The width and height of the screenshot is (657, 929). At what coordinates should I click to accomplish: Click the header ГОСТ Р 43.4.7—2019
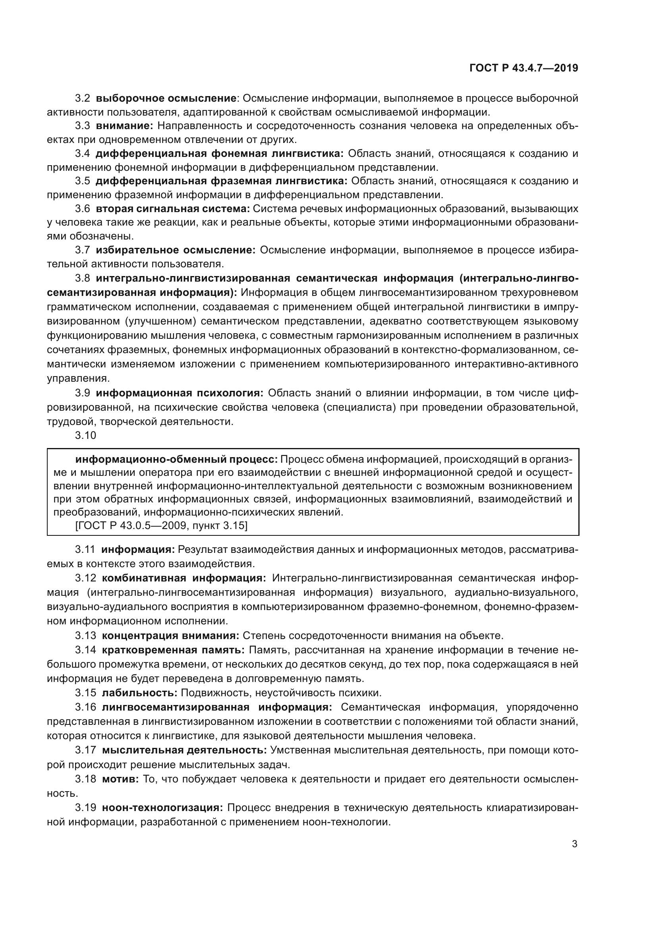[524, 68]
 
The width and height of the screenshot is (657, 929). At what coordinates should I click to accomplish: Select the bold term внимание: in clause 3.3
[124, 126]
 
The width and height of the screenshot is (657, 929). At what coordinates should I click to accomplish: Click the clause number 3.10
[85, 435]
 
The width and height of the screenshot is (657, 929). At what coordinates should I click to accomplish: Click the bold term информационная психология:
[180, 393]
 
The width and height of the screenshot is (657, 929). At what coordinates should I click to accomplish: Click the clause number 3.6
[83, 209]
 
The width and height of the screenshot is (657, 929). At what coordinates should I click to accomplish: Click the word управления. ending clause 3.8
[78, 379]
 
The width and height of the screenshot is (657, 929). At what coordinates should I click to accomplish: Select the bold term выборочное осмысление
[166, 99]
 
